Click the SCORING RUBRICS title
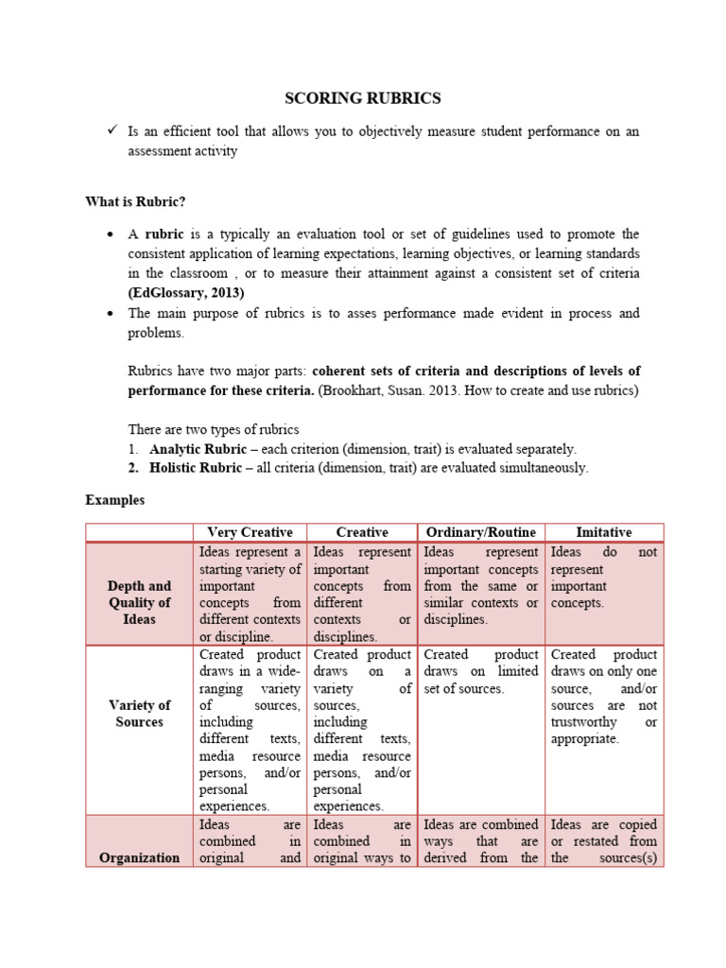tap(363, 98)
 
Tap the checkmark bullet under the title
tap(110, 131)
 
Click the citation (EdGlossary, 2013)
tap(186, 292)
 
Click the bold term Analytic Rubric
tap(195, 450)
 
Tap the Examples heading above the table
tap(114, 500)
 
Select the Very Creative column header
tap(250, 532)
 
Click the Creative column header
tap(362, 532)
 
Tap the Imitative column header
tap(604, 532)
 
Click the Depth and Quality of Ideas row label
tap(139, 602)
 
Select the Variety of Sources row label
tap(139, 714)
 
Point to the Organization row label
tap(139, 857)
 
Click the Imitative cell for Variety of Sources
tap(604, 697)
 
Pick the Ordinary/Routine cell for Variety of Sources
tap(480, 671)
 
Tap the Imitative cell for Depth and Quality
tap(604, 578)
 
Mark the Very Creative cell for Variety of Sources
tap(250, 730)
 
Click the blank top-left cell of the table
tap(139, 532)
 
